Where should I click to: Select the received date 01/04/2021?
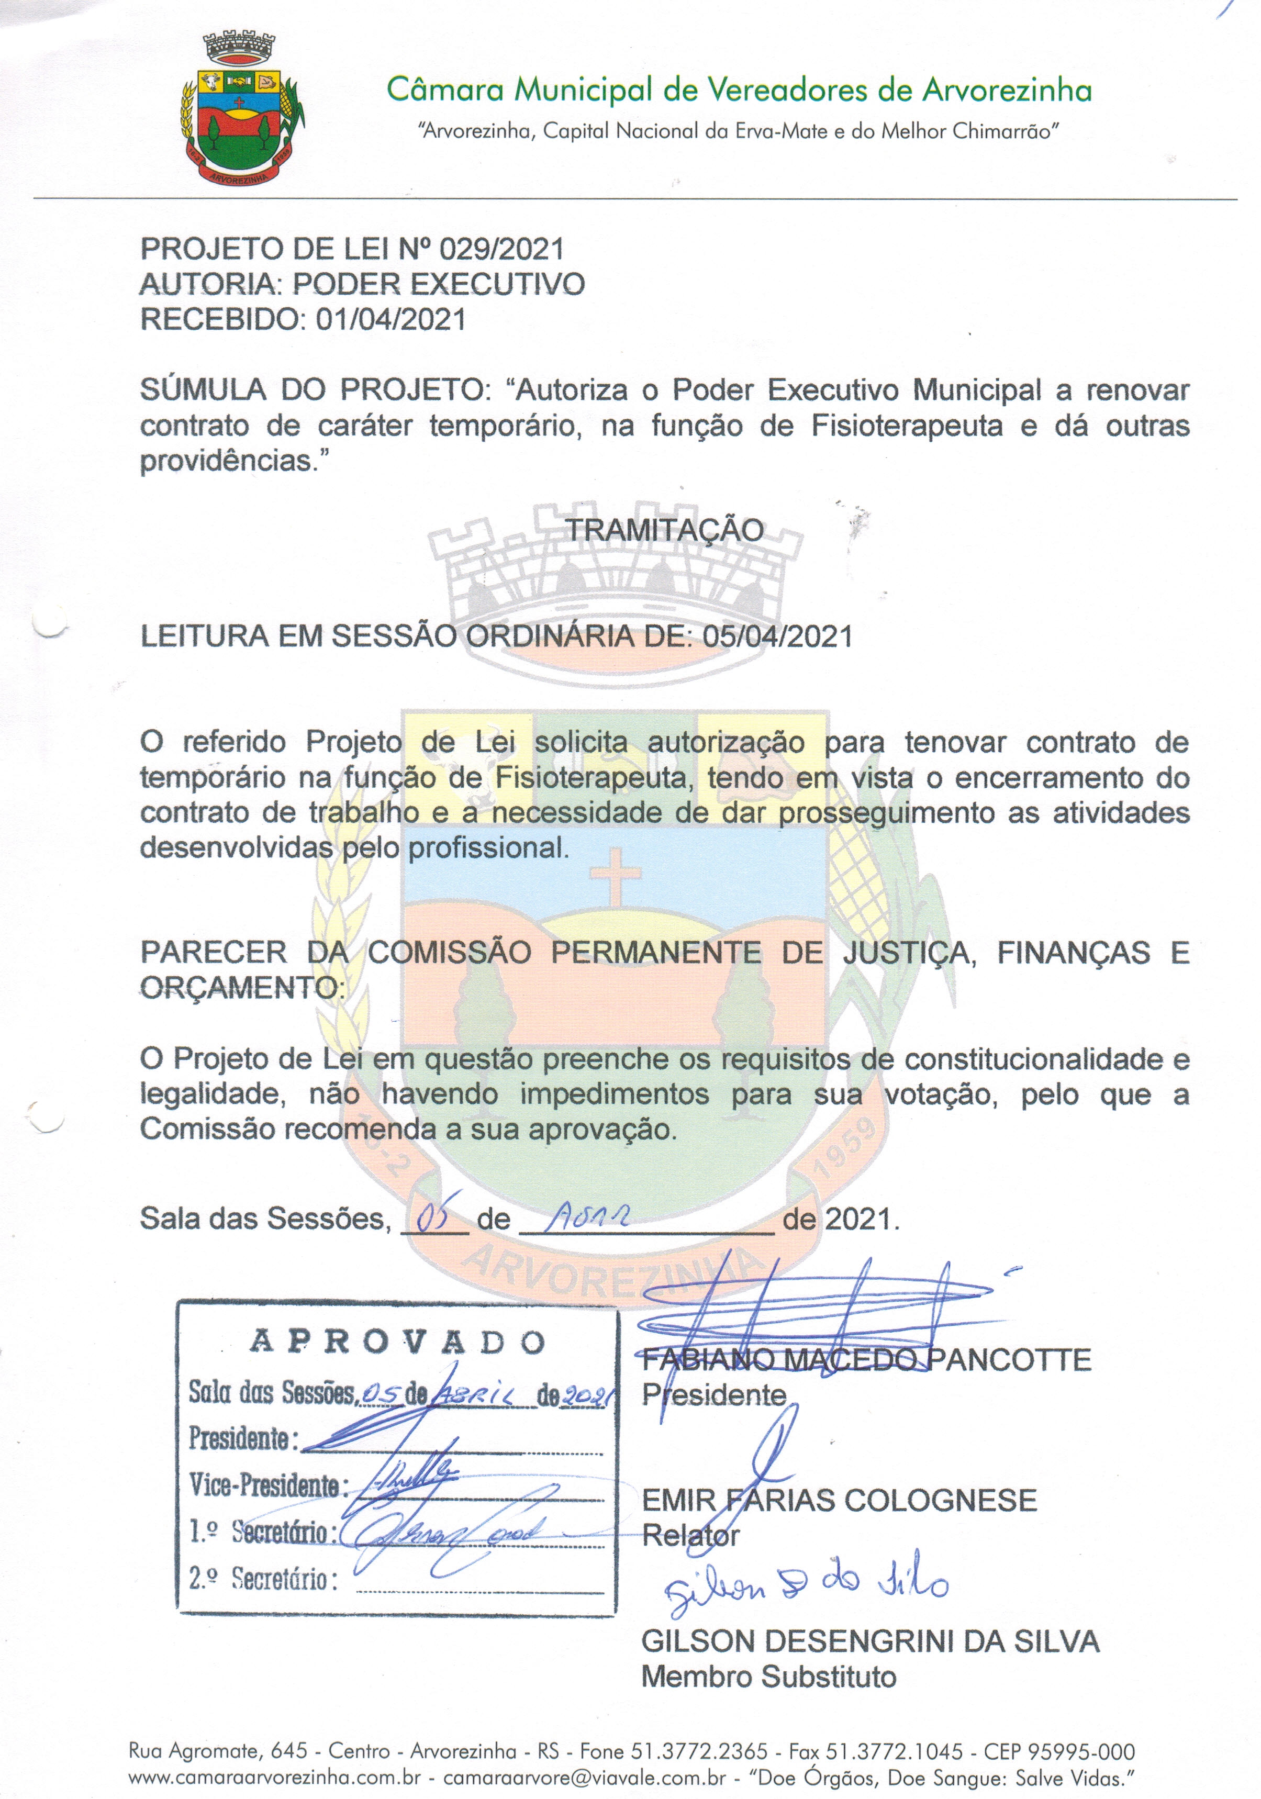pos(391,320)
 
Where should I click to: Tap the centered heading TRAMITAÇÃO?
pos(665,530)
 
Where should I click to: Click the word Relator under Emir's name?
pos(690,1536)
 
